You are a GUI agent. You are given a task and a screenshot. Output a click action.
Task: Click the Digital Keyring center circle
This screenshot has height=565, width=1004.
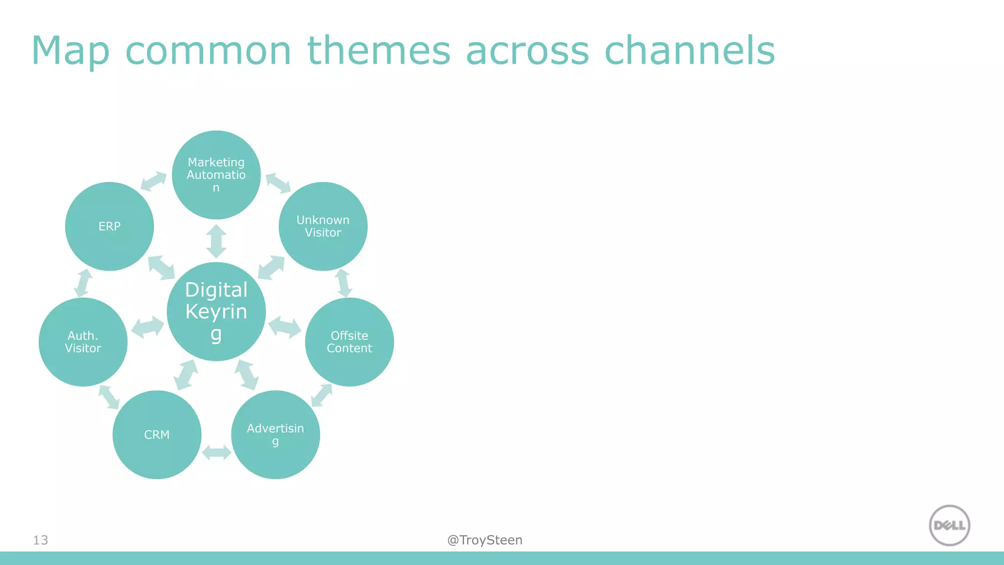(216, 311)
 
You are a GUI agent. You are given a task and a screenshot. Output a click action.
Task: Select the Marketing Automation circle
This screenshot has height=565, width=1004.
(216, 175)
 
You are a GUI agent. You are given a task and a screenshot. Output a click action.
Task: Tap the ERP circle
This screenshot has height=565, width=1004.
(109, 226)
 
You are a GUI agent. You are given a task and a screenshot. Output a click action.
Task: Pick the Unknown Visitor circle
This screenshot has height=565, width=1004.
(323, 226)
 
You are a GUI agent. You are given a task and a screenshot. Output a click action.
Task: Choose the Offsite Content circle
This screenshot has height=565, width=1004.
(349, 342)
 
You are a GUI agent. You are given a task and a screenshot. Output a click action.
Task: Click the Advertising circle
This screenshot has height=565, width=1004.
(276, 435)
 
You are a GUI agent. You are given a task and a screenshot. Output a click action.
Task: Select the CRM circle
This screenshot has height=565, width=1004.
(157, 435)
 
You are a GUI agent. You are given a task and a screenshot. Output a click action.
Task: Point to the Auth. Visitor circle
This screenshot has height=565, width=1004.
(83, 342)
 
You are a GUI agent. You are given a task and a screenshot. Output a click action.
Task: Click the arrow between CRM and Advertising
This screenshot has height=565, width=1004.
(216, 452)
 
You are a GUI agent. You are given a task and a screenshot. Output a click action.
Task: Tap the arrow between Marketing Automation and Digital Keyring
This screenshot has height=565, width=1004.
(216, 241)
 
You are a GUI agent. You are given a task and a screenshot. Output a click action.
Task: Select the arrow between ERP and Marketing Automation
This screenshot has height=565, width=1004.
(153, 180)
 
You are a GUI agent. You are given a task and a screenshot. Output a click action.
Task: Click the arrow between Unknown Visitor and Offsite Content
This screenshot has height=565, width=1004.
(343, 283)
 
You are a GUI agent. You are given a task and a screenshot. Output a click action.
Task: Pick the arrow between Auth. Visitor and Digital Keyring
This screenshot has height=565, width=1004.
(148, 327)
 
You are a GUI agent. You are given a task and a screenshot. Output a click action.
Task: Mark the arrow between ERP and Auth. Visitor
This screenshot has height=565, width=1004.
(83, 282)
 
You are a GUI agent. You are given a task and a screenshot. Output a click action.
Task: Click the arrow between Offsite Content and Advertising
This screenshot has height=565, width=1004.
(322, 395)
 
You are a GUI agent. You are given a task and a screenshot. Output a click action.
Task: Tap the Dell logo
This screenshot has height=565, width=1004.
(950, 525)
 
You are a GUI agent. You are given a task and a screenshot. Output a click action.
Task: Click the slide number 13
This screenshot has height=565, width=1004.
(40, 540)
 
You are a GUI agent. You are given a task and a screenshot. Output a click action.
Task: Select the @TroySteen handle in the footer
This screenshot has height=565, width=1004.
(484, 540)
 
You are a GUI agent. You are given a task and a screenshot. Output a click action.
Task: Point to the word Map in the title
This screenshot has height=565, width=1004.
(70, 51)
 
